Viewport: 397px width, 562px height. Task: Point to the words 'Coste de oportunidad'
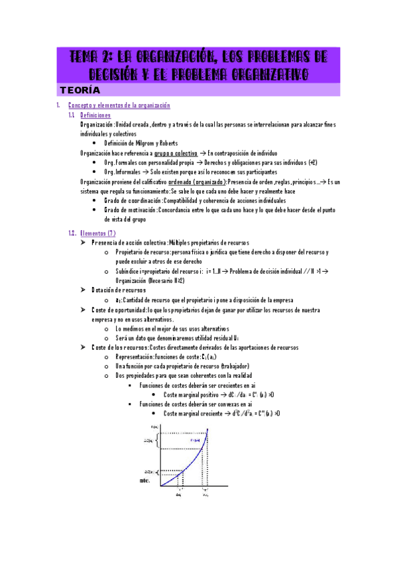120,309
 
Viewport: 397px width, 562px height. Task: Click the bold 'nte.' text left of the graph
145,480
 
